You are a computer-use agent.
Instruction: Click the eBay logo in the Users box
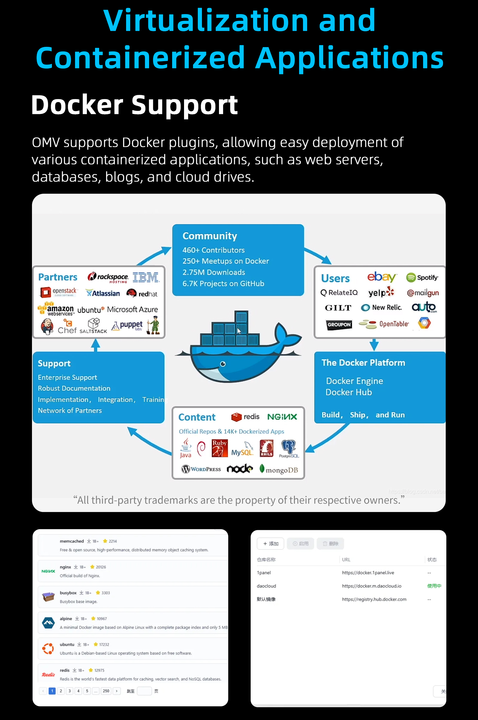pos(381,277)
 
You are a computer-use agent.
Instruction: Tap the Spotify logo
pos(422,277)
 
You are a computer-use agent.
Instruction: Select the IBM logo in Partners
pos(146,277)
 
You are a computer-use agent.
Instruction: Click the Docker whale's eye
pos(223,364)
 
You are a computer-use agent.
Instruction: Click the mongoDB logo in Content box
pos(278,470)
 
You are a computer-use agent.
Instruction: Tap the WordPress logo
pos(201,469)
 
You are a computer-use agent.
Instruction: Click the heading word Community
pos(210,236)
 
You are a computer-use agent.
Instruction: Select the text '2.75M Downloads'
pos(214,272)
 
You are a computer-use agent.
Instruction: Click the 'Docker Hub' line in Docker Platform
pos(349,392)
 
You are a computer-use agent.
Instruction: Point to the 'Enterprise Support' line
pos(68,377)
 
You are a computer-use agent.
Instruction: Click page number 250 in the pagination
pos(106,691)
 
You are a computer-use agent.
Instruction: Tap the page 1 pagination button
pos(52,691)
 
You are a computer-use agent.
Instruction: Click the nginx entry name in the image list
pos(65,567)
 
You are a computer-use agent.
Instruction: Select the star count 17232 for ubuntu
pos(104,645)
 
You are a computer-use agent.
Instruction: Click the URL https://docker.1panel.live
pos(368,573)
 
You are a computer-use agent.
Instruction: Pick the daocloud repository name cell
pos(266,586)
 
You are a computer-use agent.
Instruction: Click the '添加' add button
pos(270,544)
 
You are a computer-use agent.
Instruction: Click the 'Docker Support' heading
pos(134,105)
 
